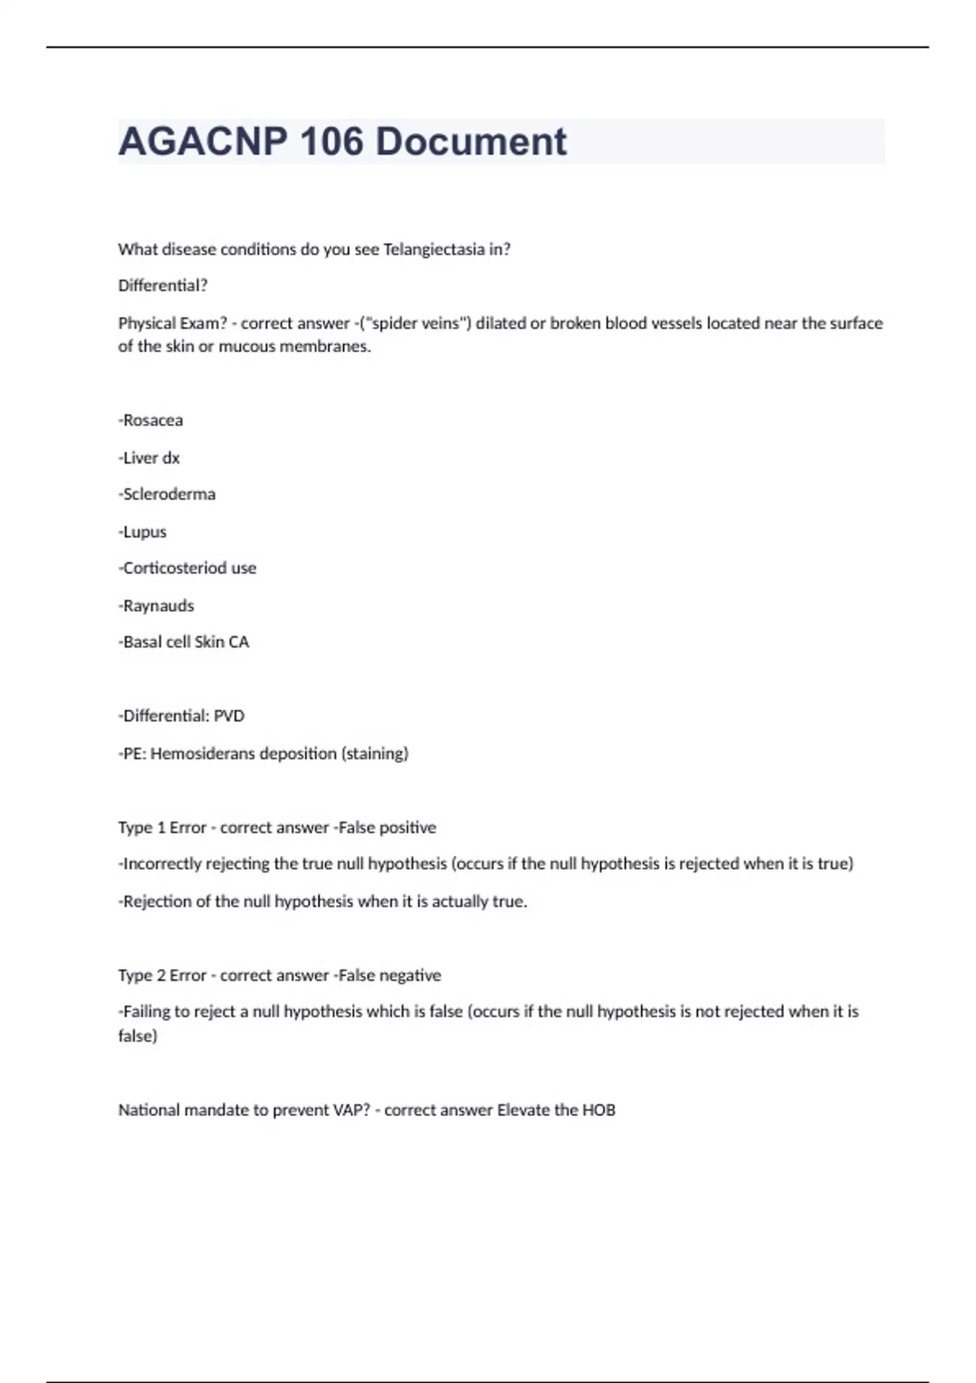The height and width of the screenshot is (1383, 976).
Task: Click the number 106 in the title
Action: (x=331, y=142)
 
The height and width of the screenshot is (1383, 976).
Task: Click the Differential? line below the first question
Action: (x=163, y=286)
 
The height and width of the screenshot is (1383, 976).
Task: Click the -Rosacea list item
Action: (x=151, y=421)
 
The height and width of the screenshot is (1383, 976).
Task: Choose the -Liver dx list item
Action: (x=150, y=458)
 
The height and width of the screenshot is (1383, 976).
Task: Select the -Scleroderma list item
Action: (x=168, y=495)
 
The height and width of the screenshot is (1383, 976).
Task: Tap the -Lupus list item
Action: (x=143, y=532)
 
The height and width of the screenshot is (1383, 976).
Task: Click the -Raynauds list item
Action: (x=157, y=606)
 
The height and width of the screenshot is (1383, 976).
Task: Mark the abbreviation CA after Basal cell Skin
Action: (x=239, y=643)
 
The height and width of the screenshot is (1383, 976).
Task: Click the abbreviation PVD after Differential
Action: (x=229, y=717)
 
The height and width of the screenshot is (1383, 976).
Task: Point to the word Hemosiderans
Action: (x=203, y=754)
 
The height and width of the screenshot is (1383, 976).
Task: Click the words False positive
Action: (x=387, y=828)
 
